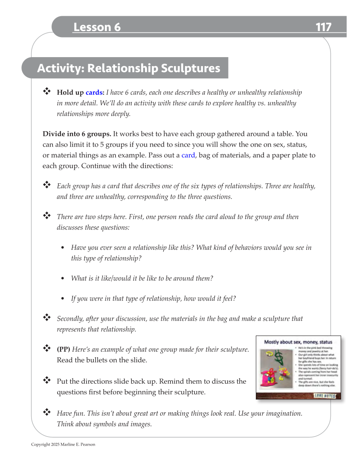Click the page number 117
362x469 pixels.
323,27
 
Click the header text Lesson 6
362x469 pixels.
97,27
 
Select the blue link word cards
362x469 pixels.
94,93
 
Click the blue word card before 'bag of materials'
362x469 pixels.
188,155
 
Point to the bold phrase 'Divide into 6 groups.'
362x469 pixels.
77,133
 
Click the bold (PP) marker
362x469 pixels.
64,350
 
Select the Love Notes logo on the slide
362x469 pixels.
325,396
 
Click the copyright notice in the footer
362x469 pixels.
63,445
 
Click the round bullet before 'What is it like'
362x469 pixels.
63,278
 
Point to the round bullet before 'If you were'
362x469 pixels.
63,299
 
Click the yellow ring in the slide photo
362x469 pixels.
269,353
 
